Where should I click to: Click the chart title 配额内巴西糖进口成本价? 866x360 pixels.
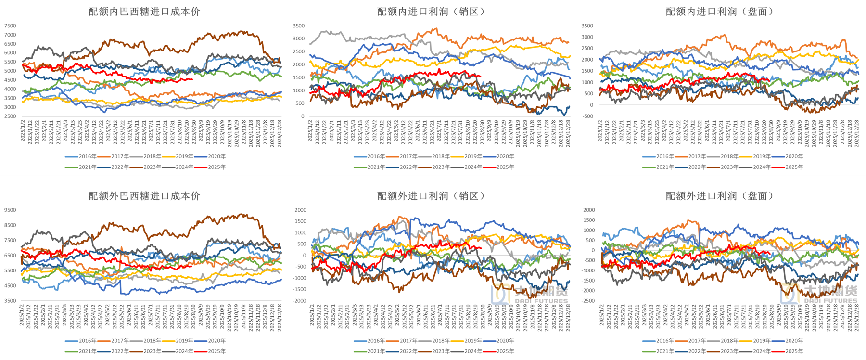click(x=144, y=12)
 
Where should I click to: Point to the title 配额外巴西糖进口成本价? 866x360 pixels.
click(x=144, y=196)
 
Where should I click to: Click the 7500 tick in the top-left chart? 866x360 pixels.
click(x=10, y=26)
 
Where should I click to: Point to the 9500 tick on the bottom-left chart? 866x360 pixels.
click(x=10, y=210)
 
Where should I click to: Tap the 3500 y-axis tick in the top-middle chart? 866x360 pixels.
click(x=299, y=26)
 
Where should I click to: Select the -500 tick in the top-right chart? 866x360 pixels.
click(x=587, y=116)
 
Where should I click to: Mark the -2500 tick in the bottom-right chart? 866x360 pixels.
click(x=587, y=301)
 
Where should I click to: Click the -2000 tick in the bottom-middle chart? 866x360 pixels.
click(x=300, y=301)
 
